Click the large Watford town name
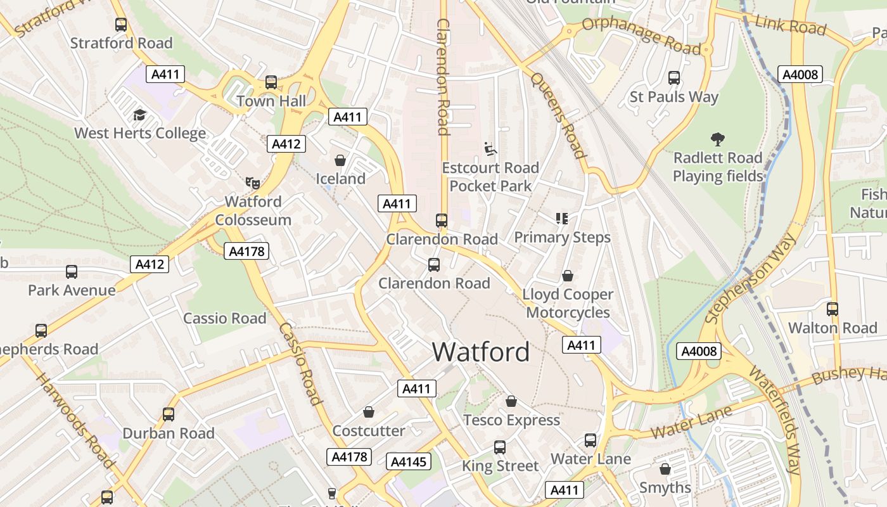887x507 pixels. click(x=481, y=352)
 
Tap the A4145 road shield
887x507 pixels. click(x=408, y=461)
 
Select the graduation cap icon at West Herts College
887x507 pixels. click(x=139, y=115)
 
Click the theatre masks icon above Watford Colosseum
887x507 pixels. click(x=253, y=183)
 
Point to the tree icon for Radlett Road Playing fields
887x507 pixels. click(x=717, y=139)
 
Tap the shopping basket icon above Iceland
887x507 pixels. click(x=340, y=160)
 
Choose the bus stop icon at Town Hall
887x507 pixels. click(x=271, y=82)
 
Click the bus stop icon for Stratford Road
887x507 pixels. click(x=121, y=25)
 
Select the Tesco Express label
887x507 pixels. click(x=511, y=420)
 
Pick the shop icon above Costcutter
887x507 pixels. click(x=369, y=413)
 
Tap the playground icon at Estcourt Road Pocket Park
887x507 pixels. click(x=490, y=149)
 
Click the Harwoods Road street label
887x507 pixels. click(x=74, y=420)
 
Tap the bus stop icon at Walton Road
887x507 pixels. click(x=832, y=309)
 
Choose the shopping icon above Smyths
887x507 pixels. click(x=665, y=469)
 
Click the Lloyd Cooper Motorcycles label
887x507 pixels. click(x=568, y=303)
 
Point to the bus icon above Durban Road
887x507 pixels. click(x=169, y=414)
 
